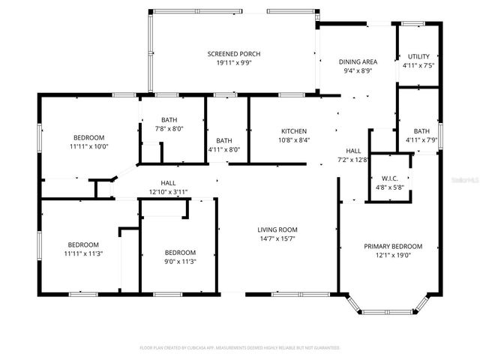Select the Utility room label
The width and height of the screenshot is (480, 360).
click(x=418, y=56)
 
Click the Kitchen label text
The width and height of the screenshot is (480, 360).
click(x=293, y=130)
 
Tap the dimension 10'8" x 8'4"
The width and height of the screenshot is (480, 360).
click(x=293, y=139)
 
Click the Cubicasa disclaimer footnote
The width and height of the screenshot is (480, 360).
click(x=240, y=348)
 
